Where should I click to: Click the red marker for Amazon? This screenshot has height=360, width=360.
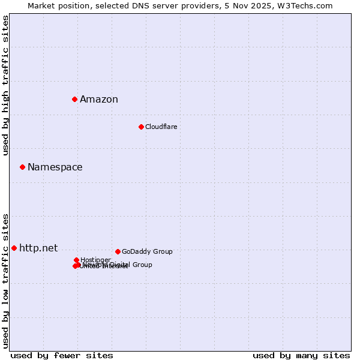[74, 99]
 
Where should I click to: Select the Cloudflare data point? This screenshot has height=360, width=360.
[141, 127]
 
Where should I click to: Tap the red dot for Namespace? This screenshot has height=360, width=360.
[22, 167]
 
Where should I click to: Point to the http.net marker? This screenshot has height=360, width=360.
[14, 248]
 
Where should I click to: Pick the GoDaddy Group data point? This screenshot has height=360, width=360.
[118, 251]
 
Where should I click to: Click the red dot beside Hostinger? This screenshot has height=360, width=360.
[76, 260]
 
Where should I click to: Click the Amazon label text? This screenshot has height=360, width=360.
[99, 100]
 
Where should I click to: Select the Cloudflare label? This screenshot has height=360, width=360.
[161, 127]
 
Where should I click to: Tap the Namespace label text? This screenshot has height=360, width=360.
[55, 167]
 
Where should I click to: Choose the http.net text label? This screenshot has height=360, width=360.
[38, 248]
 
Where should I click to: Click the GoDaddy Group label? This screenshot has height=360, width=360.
[147, 252]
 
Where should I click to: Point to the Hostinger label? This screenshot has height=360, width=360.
[95, 260]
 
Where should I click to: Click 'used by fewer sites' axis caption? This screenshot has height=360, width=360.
[62, 356]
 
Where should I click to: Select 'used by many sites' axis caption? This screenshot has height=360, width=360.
[301, 356]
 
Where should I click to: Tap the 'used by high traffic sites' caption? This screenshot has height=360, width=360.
[5, 85]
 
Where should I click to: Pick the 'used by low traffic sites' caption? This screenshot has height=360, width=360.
[5, 281]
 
